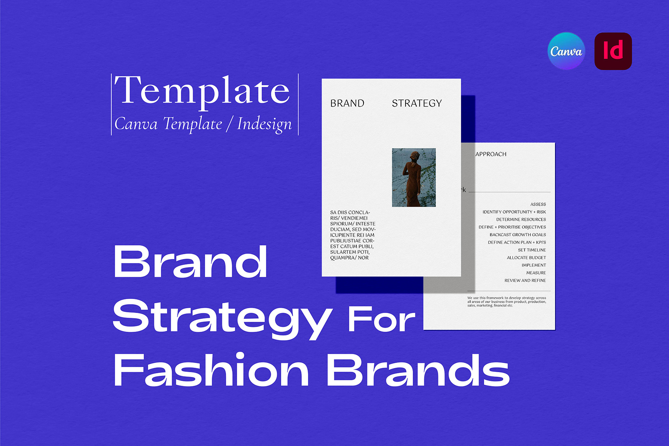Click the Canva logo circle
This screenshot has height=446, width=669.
coord(566,51)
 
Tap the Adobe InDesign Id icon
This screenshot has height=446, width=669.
coord(613,51)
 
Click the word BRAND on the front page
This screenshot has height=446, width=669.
coord(347,103)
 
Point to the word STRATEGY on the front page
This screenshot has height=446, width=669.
coord(417,103)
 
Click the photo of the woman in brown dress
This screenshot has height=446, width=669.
coord(414,177)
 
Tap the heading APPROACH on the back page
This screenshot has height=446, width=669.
coord(491,154)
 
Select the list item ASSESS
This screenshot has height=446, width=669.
coord(538,204)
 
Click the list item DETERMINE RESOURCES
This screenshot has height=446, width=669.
coord(521,219)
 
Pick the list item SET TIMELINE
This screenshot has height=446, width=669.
coord(532,250)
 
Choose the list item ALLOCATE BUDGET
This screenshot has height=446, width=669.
coord(526,258)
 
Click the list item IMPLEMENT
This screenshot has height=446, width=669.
coord(534,265)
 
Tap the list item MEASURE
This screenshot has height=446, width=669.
coord(536,273)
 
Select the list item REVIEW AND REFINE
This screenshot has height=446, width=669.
coord(525,280)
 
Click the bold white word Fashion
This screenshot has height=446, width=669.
coord(211,369)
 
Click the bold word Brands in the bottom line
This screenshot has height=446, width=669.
coord(418,369)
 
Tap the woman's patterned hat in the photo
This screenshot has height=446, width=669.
coord(415,156)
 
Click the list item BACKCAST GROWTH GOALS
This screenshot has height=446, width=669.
coord(518,235)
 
